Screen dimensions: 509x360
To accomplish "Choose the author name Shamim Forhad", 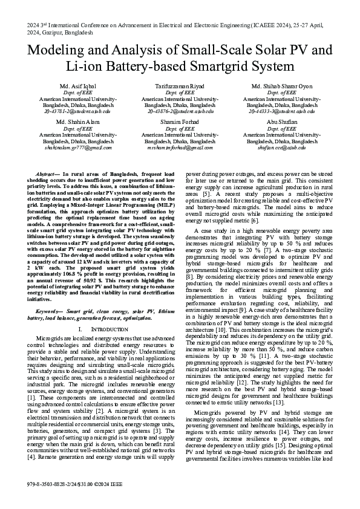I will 180,122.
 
